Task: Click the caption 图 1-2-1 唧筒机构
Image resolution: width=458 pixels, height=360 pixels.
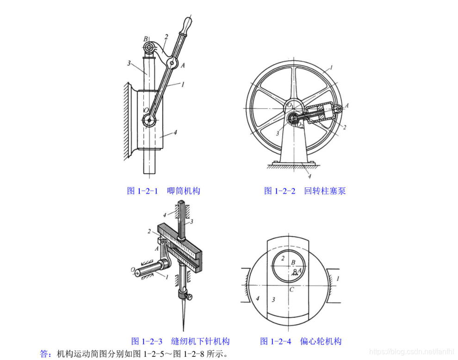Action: [x=164, y=191]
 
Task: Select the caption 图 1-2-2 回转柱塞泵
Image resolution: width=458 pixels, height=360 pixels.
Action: [x=305, y=191]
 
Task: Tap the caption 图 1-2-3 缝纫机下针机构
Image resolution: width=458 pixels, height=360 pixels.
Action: [x=180, y=341]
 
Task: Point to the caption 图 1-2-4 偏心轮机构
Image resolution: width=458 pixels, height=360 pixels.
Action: [x=301, y=341]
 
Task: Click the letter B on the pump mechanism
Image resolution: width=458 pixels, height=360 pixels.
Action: [x=145, y=39]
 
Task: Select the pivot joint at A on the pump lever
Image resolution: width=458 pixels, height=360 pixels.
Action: [x=172, y=63]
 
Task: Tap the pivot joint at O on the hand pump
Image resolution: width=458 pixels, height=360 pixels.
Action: [x=149, y=120]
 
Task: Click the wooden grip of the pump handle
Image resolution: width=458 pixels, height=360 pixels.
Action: [x=186, y=26]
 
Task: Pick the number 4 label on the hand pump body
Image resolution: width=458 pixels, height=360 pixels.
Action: [x=175, y=132]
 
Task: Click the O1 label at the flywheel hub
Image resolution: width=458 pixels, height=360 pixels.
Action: [x=290, y=105]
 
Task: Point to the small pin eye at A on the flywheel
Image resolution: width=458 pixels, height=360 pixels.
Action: [x=338, y=109]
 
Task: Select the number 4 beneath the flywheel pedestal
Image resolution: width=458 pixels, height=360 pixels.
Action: [x=309, y=176]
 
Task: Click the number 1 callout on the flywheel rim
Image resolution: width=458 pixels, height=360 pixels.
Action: [x=331, y=68]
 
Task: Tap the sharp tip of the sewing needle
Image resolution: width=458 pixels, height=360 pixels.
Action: [x=184, y=330]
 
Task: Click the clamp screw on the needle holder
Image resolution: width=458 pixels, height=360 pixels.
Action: [x=189, y=297]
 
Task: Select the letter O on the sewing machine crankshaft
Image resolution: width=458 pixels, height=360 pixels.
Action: [x=133, y=269]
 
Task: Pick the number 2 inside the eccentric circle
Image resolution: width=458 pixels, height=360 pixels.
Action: [x=283, y=258]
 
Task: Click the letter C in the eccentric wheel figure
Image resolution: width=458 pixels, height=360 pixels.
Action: [x=291, y=290]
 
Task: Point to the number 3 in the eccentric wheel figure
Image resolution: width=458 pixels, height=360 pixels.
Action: [x=273, y=299]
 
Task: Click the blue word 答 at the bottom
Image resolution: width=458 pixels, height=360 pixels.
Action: [x=43, y=354]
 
